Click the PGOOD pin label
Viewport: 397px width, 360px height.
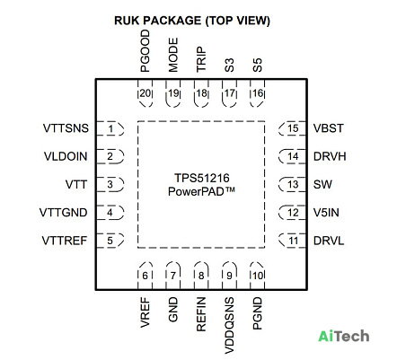tap(145, 51)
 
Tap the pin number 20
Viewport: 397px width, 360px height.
tap(146, 93)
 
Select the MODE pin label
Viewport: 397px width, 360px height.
tap(173, 55)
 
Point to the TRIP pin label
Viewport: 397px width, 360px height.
tap(201, 58)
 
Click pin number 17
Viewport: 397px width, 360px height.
tap(230, 93)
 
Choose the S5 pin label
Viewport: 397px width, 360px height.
tap(258, 65)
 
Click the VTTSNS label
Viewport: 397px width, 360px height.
tap(66, 128)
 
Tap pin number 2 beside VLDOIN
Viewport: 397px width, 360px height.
tap(110, 156)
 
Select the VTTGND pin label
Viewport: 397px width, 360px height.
tap(64, 213)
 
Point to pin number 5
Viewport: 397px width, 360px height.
tap(110, 241)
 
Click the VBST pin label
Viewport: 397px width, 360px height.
tap(329, 128)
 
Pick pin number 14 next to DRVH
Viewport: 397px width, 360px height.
tap(293, 156)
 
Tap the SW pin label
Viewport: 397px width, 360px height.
tap(322, 184)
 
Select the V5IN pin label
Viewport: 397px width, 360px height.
tap(326, 213)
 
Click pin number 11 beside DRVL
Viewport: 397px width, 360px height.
tap(294, 241)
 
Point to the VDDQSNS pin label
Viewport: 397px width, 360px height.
tap(229, 325)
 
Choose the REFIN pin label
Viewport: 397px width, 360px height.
tap(201, 314)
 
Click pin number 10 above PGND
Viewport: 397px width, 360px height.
tap(258, 276)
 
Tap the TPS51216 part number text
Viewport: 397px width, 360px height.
tap(202, 178)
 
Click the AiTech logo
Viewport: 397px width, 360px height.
tap(344, 336)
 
